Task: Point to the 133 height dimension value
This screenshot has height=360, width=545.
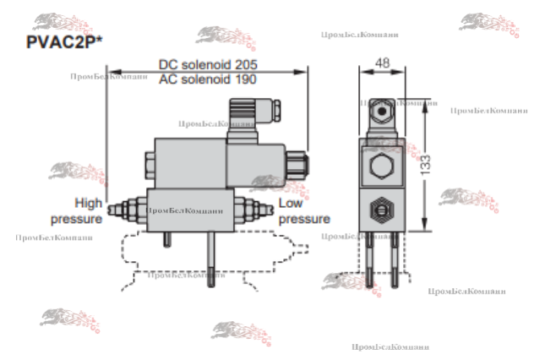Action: coord(427,161)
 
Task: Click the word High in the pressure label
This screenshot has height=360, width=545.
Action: coord(88,203)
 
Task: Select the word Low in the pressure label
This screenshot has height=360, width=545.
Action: coord(291,203)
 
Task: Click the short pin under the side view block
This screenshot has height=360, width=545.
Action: coord(166,239)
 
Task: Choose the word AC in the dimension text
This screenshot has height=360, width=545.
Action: coord(168,79)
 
